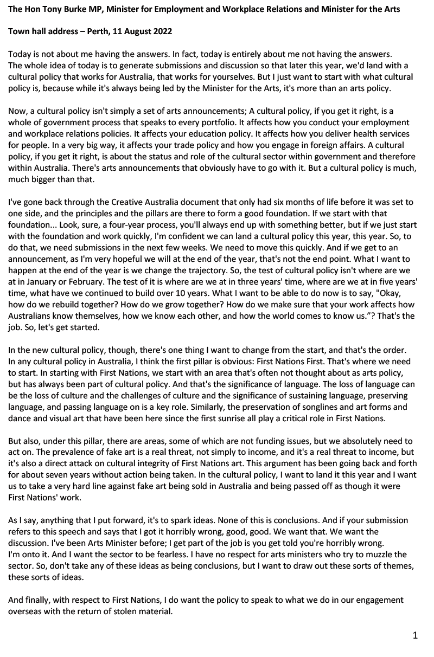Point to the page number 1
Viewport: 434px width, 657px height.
415,636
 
